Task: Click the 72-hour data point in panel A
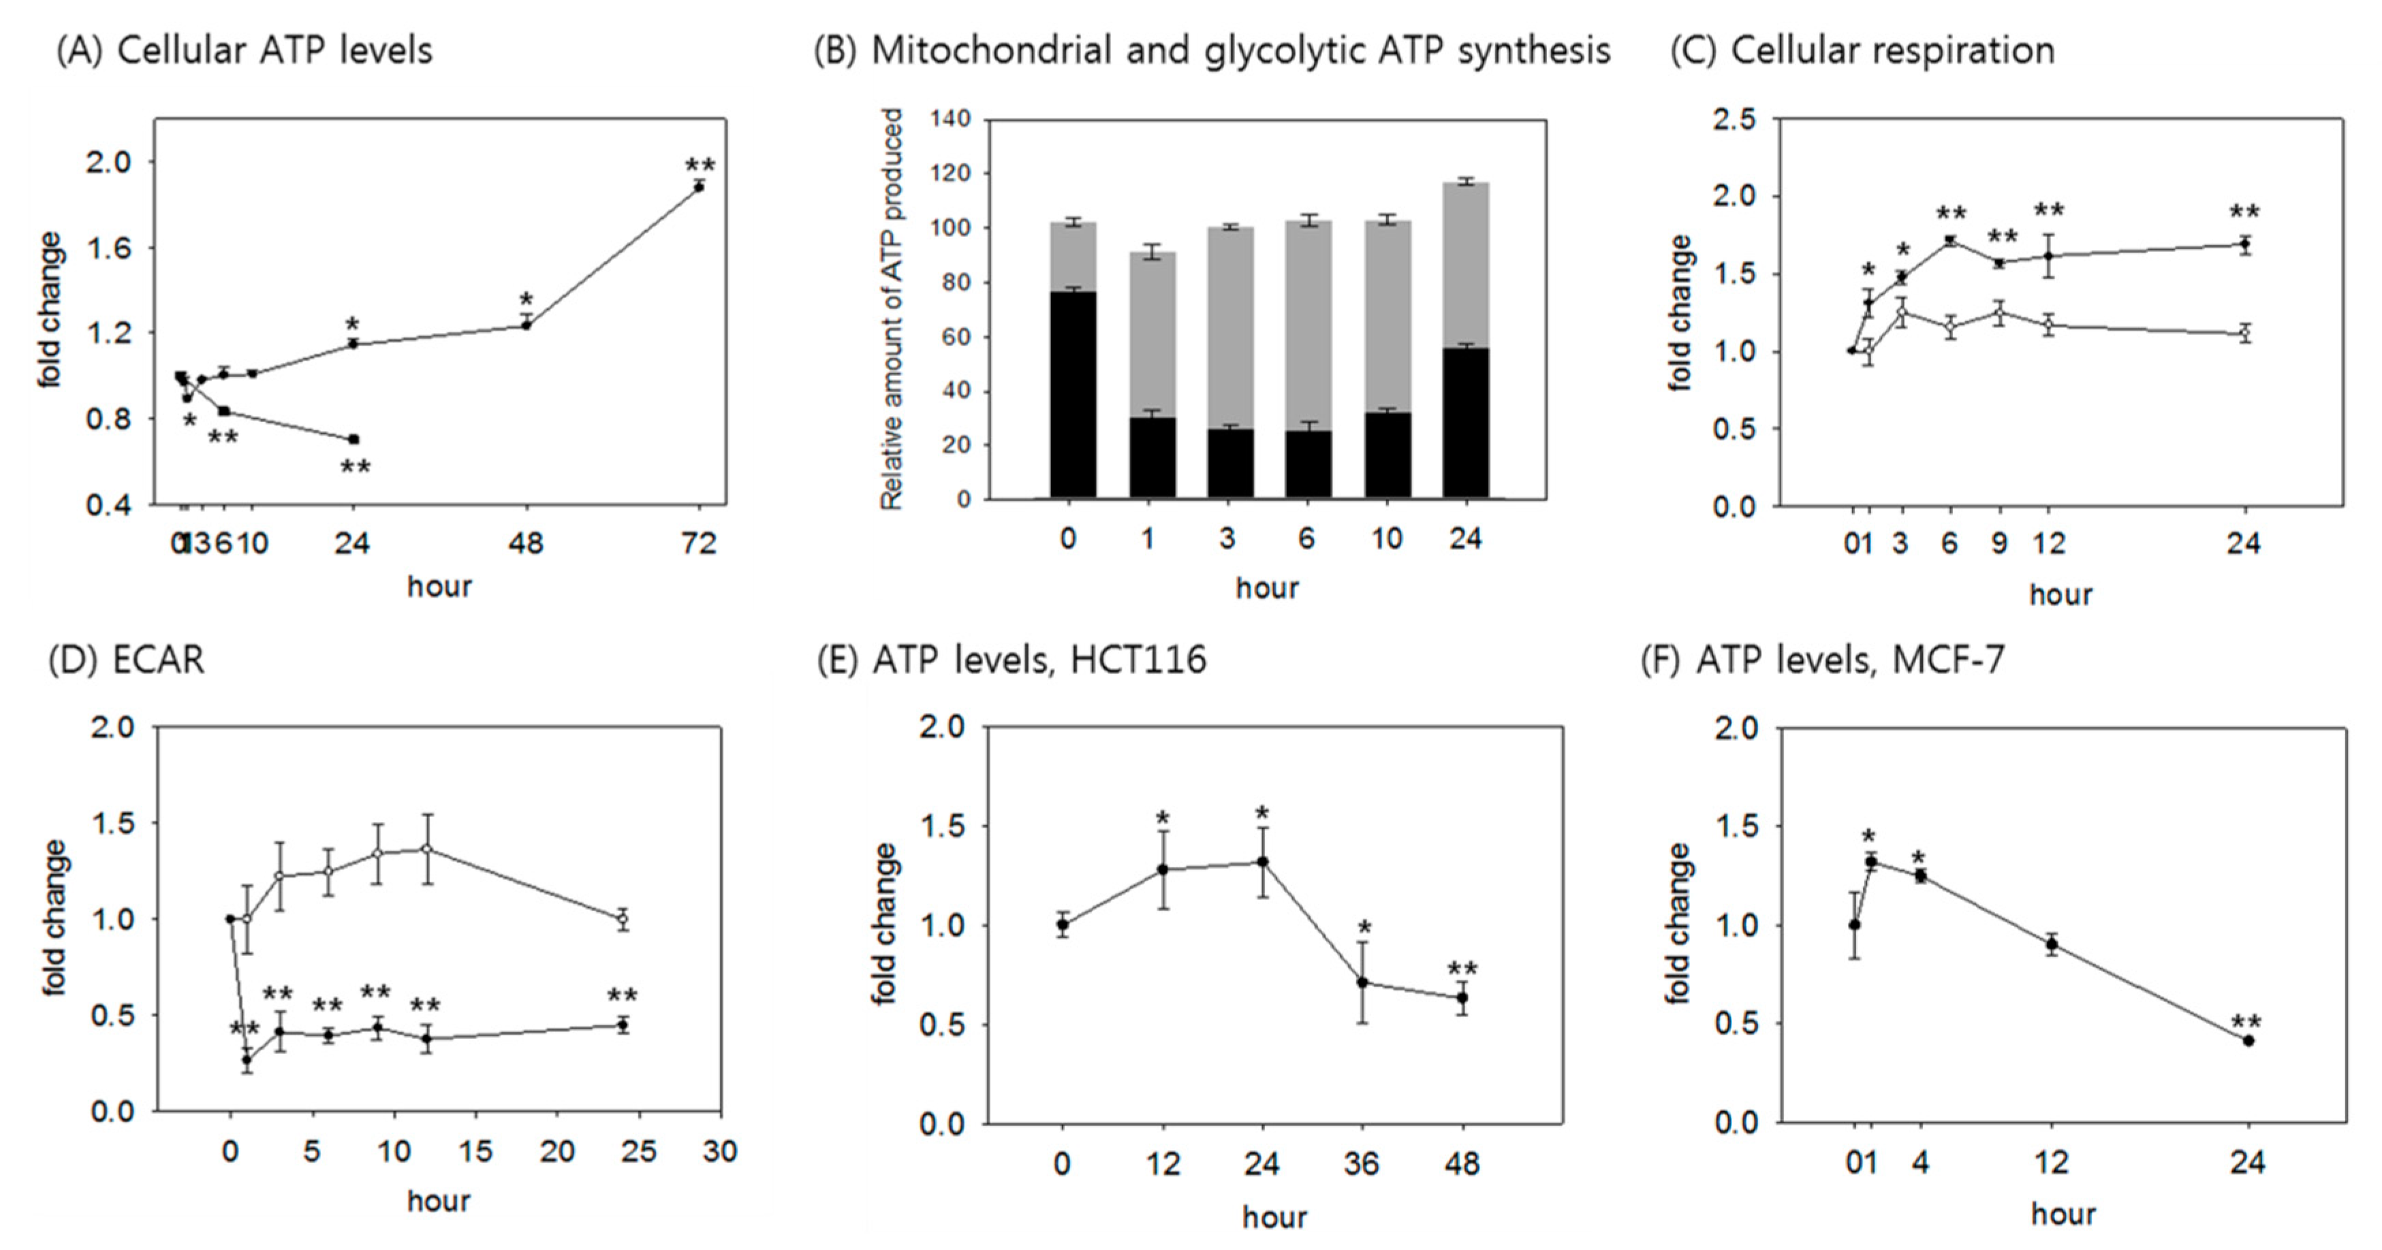tap(699, 187)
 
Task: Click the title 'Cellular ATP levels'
tap(275, 50)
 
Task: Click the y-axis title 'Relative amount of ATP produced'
tap(892, 310)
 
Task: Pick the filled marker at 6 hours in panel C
tap(1950, 240)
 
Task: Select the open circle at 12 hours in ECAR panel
tap(427, 849)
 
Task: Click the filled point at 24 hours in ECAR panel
tap(623, 1025)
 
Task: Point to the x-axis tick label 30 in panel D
tap(719, 1151)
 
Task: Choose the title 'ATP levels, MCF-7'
tap(1849, 660)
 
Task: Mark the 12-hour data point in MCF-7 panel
tap(2051, 944)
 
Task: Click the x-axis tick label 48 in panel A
tap(525, 543)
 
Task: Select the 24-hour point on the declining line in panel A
tap(354, 439)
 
